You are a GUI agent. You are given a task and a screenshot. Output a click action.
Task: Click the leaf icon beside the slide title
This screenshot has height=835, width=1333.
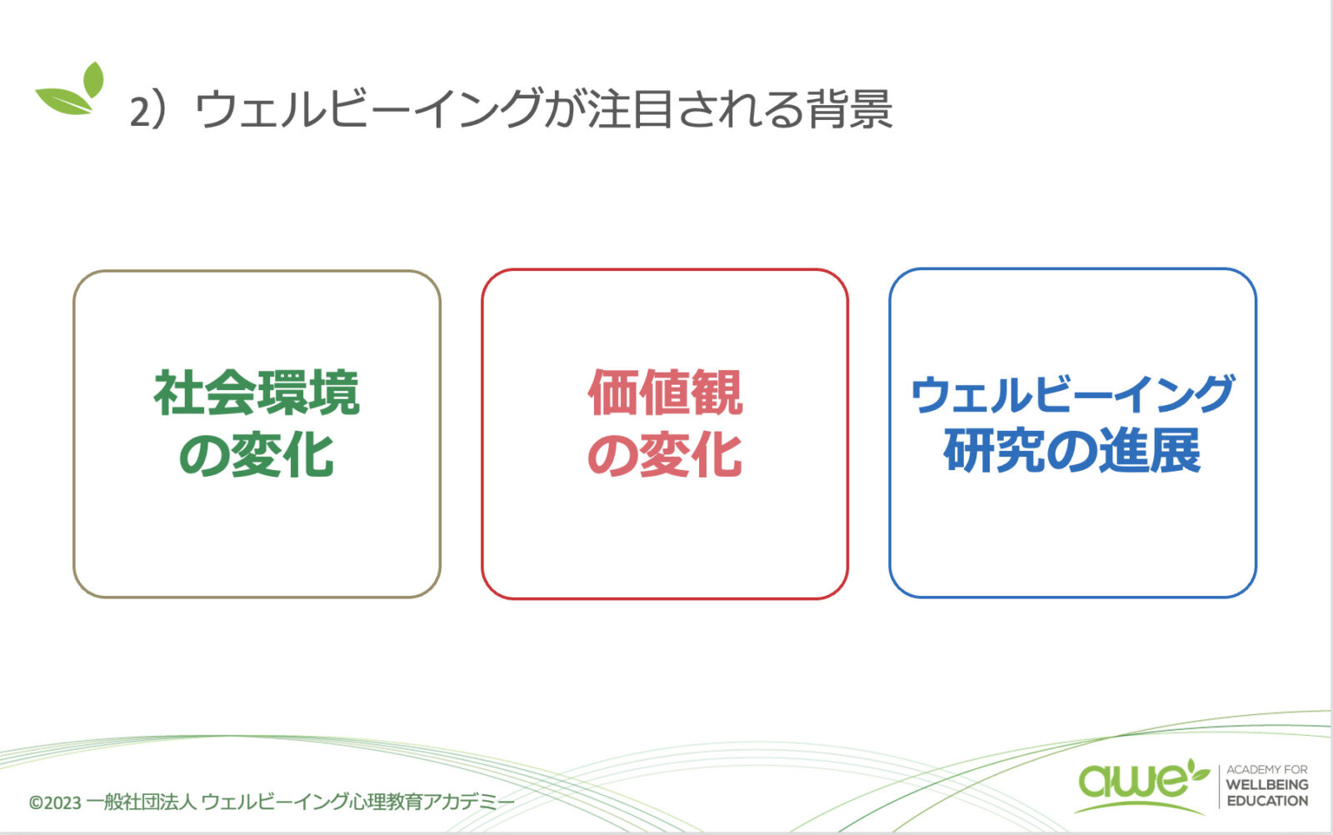coord(71,89)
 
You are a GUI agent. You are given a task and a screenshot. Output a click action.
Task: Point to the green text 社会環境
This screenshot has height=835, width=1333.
coord(257,392)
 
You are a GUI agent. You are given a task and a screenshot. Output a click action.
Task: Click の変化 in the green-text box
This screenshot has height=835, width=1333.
coord(257,455)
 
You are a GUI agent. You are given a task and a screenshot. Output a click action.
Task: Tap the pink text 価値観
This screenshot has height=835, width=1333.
coord(665,392)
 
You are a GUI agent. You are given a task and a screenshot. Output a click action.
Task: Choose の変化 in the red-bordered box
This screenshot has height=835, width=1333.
coord(665,455)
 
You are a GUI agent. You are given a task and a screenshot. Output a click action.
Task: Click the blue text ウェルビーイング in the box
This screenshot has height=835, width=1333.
coord(1072,394)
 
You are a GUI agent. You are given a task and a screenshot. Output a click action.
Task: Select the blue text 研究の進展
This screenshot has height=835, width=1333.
coord(1072,451)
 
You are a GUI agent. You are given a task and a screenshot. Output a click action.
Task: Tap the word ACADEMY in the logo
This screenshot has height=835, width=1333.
coord(1249,769)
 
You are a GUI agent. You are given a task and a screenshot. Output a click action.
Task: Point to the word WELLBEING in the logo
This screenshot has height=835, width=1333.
coord(1267,785)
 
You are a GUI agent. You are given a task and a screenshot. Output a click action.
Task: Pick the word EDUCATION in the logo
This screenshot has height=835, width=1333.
coord(1267,801)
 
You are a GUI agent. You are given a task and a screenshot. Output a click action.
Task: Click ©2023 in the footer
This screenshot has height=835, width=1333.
coord(55,802)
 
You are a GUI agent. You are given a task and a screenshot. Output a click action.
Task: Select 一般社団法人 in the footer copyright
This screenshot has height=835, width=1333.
coord(141,802)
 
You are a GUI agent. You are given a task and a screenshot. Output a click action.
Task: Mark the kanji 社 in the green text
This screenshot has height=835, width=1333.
coord(179,392)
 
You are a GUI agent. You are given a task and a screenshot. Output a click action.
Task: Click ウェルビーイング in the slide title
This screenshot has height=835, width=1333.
coord(369,109)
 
